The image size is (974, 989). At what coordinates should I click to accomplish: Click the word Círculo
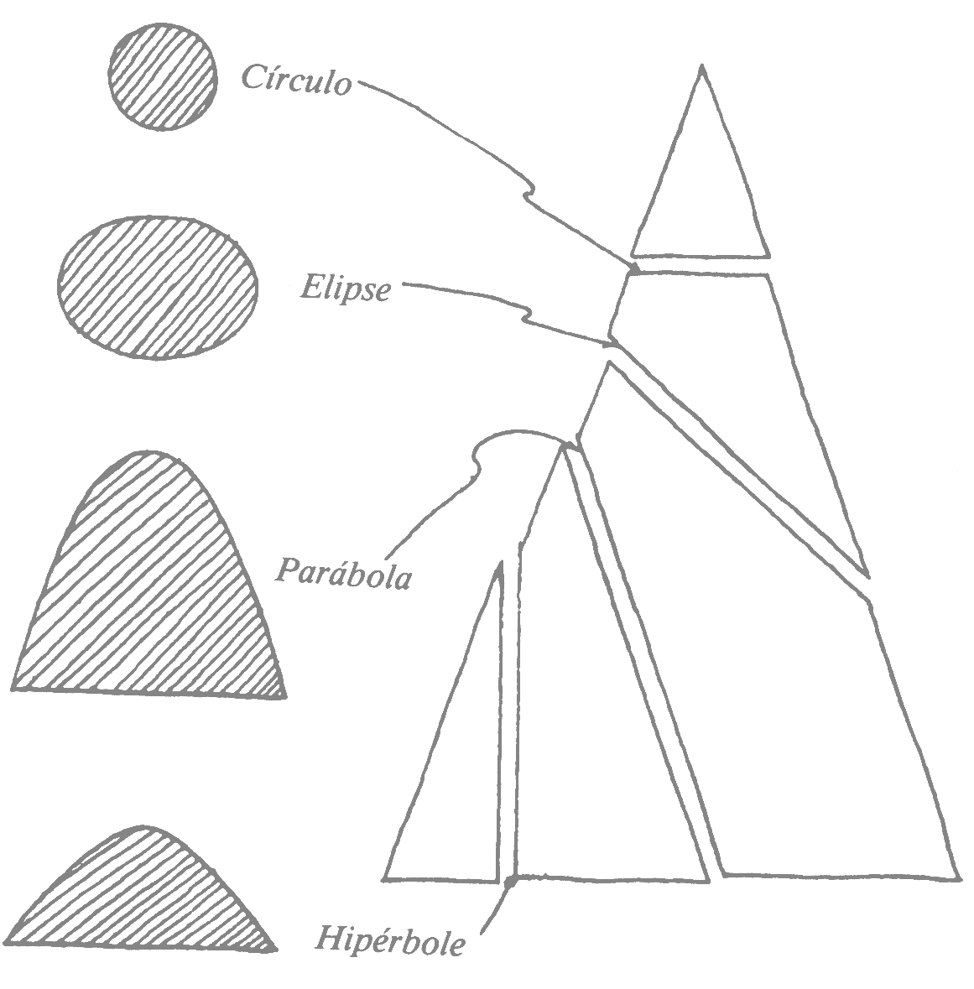click(295, 80)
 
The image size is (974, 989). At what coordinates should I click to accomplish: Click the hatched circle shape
click(164, 75)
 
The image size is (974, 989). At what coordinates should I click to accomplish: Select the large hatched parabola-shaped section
click(151, 587)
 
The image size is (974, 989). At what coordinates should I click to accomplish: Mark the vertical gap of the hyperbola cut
click(509, 713)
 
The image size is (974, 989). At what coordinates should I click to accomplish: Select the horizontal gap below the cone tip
click(701, 264)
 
